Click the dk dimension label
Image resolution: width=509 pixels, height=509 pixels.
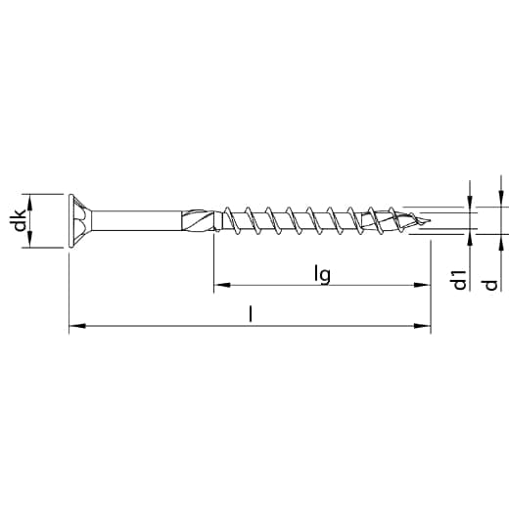coord(21,220)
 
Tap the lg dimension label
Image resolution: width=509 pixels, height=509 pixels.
coord(322,274)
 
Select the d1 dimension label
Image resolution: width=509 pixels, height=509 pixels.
coord(459,280)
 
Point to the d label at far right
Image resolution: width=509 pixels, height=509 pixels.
coord(490,285)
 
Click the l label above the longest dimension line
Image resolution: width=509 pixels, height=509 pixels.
coord(251,313)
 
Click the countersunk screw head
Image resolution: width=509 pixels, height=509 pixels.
coord(79,220)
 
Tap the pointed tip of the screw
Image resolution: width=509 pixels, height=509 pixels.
coord(430,221)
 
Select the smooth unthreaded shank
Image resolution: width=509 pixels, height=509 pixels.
coord(136,220)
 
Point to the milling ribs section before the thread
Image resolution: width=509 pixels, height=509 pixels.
coord(200,220)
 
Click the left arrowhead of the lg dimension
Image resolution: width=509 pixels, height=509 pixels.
coord(222,285)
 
